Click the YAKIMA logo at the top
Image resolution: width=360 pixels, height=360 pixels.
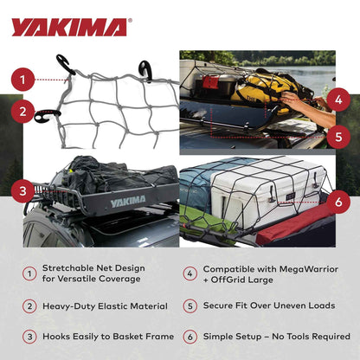click(x=68, y=27)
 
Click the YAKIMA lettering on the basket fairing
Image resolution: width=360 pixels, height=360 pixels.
click(x=128, y=202)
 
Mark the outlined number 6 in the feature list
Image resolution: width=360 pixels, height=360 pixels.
click(x=190, y=336)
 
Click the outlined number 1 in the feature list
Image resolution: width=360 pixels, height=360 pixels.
click(x=29, y=273)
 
